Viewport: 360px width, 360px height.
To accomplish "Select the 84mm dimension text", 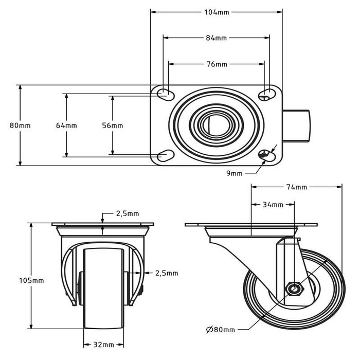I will click(217, 38).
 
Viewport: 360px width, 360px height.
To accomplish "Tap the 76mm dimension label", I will click(217, 64).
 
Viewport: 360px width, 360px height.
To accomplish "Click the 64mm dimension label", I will click(66, 125).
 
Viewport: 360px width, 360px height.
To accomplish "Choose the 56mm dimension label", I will click(113, 125).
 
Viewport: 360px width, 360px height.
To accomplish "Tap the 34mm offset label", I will click(273, 205).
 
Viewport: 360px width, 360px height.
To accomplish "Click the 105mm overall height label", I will click(32, 280).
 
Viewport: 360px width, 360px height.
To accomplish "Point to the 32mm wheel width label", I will click(104, 344).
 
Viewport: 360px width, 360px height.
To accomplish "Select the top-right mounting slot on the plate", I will click(265, 93).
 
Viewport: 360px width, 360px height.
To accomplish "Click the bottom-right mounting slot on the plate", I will click(265, 156).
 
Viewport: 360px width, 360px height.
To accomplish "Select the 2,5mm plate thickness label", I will click(127, 213).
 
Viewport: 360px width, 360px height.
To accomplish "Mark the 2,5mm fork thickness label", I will click(166, 273).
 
